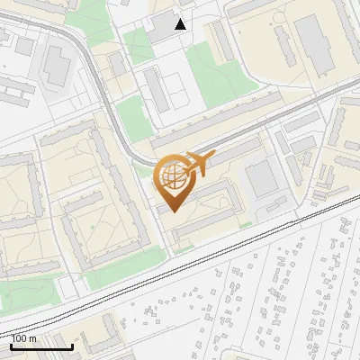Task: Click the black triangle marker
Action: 181,24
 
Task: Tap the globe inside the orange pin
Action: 172,177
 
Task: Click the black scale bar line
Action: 41,346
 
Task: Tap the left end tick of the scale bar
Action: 11,345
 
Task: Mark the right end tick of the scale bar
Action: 72,345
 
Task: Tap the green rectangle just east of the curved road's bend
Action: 131,118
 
